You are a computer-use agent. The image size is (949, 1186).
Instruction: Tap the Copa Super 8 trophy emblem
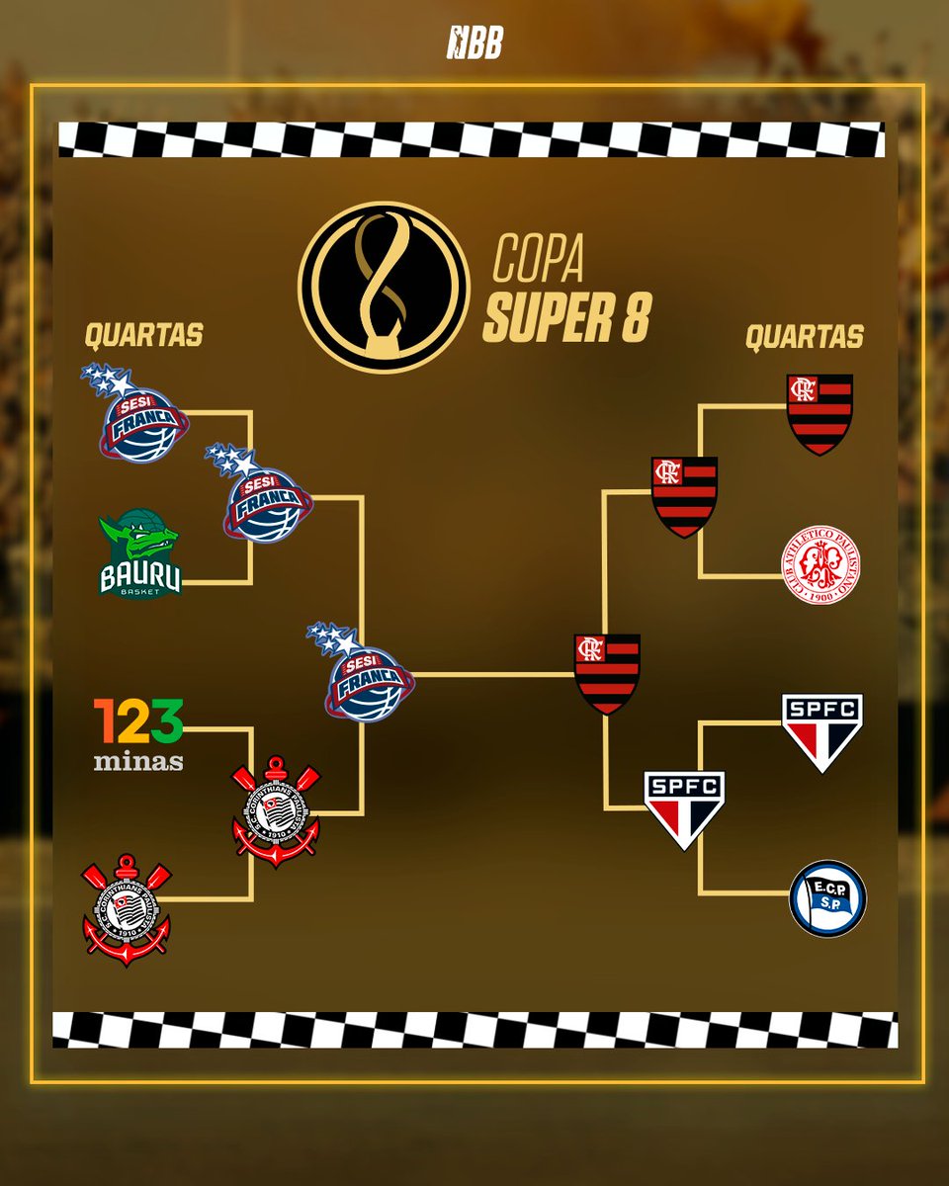pyautogui.click(x=384, y=287)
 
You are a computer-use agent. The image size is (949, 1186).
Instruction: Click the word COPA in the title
pyautogui.click(x=538, y=259)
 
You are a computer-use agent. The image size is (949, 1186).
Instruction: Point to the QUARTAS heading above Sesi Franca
pyautogui.click(x=143, y=336)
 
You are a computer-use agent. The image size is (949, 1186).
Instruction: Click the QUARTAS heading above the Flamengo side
pyautogui.click(x=804, y=338)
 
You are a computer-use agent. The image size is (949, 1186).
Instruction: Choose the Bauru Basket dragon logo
pyautogui.click(x=140, y=554)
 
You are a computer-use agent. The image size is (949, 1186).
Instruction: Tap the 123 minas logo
pyautogui.click(x=138, y=734)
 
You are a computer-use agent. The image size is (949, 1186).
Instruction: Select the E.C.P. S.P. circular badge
pyautogui.click(x=827, y=898)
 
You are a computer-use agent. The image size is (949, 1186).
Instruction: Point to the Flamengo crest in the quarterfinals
pyautogui.click(x=820, y=414)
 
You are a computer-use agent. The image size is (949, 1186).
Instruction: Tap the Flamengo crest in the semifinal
pyautogui.click(x=684, y=496)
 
